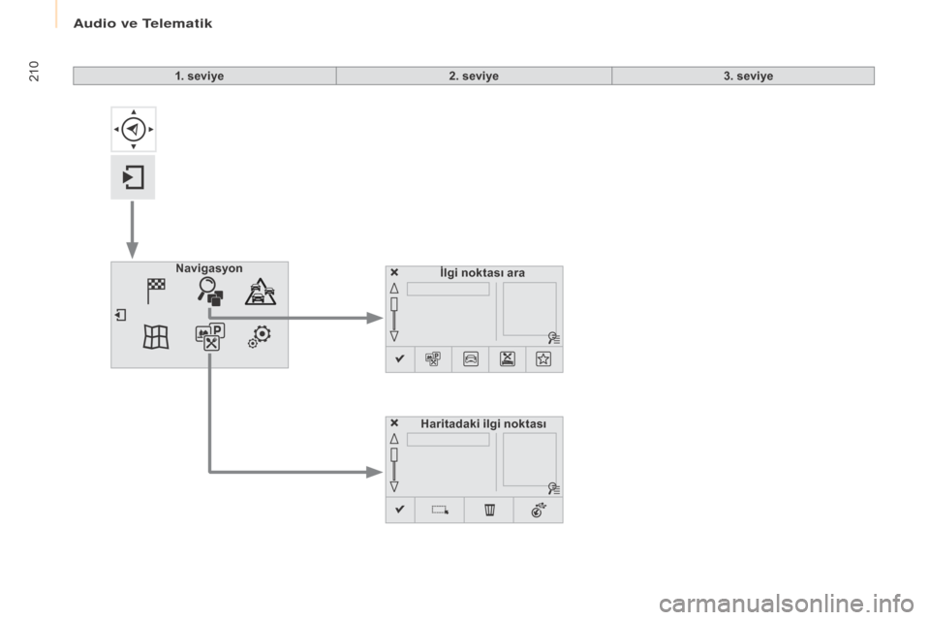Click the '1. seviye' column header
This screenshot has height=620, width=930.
pos(200,76)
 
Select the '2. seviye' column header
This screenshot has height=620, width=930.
pos(474,76)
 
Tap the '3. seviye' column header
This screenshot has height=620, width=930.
pos(748,76)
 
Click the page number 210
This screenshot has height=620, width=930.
pos(34,71)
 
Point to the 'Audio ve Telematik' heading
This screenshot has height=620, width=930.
pos(142,23)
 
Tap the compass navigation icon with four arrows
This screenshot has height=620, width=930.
pos(134,130)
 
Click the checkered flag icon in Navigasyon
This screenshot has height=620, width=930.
pos(156,291)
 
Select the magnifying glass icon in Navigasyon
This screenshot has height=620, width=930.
pos(210,292)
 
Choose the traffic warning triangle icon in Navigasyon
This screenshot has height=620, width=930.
pos(261,292)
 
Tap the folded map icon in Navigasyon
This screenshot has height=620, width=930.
pos(156,337)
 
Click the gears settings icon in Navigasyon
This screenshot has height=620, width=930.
pos(260,336)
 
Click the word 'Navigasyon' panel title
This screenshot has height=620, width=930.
pos(209,268)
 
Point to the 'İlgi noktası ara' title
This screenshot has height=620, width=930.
pos(482,273)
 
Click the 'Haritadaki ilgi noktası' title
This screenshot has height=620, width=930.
pos(483,423)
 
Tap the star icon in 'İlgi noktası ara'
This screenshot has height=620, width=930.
pos(543,359)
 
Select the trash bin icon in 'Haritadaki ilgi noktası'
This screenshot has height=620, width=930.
pos(489,510)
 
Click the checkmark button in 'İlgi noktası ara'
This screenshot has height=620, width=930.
pos(400,359)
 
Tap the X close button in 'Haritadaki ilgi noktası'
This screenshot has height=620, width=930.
pos(394,423)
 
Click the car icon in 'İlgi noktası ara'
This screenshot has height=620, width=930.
pos(471,359)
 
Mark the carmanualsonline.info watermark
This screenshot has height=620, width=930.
pos(787,604)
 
